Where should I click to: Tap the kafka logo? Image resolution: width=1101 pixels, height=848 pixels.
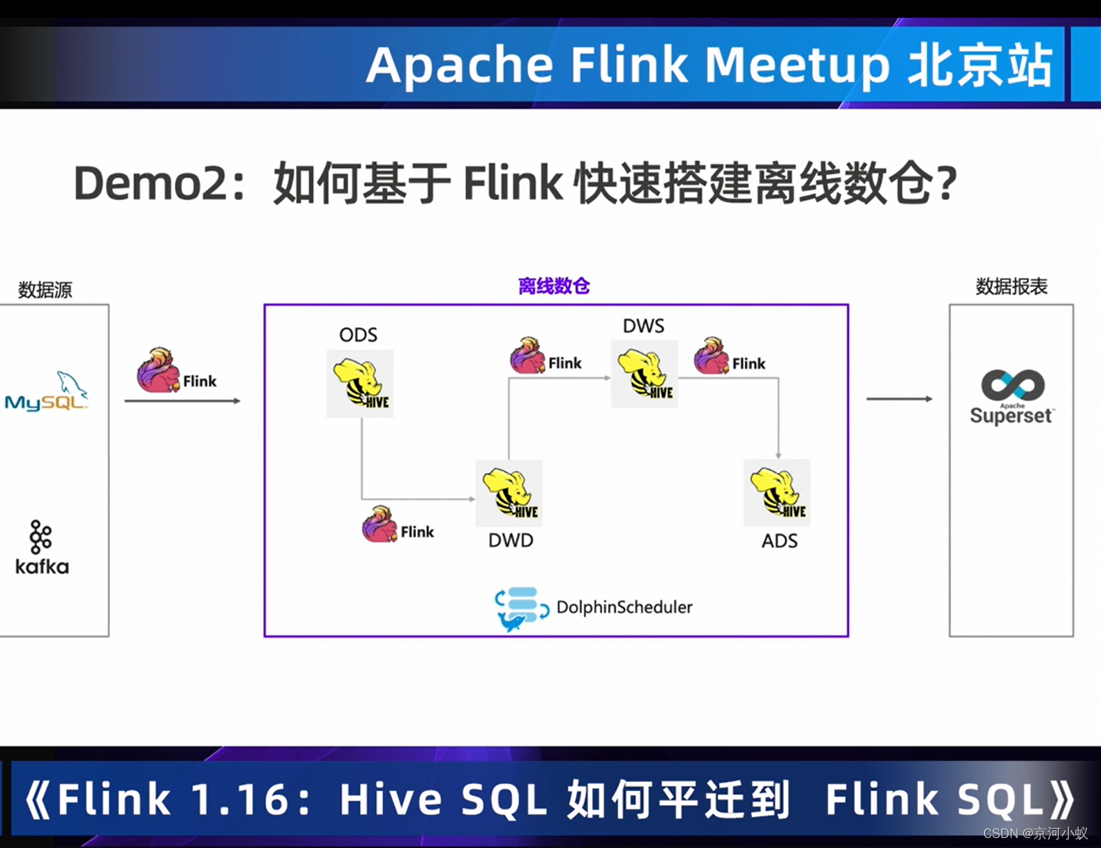[42, 548]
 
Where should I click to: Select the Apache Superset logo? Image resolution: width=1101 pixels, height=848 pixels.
[1012, 397]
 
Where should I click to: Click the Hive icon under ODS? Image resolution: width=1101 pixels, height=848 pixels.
[360, 383]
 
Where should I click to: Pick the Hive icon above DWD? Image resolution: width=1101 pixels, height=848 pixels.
[509, 492]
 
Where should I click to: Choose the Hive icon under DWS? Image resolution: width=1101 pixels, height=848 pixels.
[644, 374]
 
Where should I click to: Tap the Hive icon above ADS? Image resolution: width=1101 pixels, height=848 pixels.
[777, 492]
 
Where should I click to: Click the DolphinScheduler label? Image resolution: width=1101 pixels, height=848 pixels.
[624, 607]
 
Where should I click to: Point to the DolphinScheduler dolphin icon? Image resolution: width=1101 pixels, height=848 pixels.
[521, 609]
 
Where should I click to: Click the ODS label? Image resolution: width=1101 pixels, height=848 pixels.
[358, 335]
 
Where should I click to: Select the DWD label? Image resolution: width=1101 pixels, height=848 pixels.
[511, 540]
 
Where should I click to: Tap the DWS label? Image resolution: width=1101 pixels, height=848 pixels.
[644, 326]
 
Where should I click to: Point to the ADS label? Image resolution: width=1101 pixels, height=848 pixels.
[780, 541]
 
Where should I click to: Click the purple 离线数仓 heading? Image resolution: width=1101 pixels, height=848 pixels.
[554, 286]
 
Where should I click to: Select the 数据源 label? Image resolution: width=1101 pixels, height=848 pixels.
[45, 290]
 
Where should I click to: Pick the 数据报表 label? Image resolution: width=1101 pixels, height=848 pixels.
[1011, 287]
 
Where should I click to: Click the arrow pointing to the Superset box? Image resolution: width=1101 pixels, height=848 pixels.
[899, 399]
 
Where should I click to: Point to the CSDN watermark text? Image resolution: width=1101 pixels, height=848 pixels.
[1035, 833]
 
